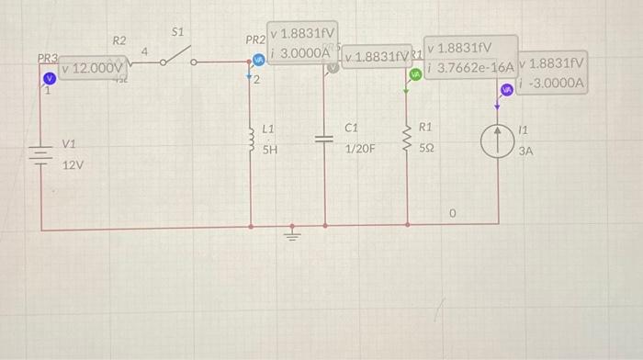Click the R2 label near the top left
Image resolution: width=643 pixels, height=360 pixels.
119,40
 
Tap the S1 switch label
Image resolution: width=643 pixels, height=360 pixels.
178,31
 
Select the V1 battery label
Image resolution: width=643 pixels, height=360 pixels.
69,144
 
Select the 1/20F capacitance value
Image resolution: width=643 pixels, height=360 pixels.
360,147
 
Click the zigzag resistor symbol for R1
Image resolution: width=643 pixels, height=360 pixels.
408,138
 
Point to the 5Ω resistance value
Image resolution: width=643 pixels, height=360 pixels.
427,147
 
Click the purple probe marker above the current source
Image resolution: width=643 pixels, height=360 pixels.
506,89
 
